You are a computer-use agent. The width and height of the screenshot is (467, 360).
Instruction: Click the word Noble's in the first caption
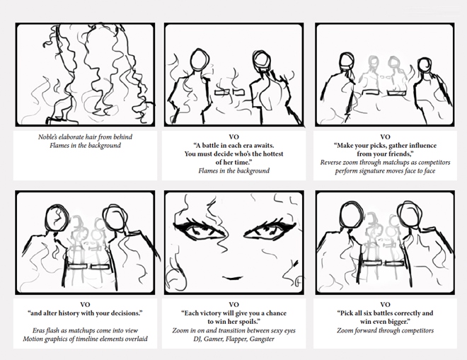click(47, 137)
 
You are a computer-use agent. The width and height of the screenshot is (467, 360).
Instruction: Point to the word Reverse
click(330, 163)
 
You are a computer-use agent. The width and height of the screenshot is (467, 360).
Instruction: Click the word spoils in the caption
click(248, 322)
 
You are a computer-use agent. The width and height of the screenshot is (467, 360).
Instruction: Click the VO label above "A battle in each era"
click(233, 137)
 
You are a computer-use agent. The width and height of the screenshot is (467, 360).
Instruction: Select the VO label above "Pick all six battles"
click(385, 305)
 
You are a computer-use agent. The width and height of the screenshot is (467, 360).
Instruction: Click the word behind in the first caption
click(122, 137)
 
